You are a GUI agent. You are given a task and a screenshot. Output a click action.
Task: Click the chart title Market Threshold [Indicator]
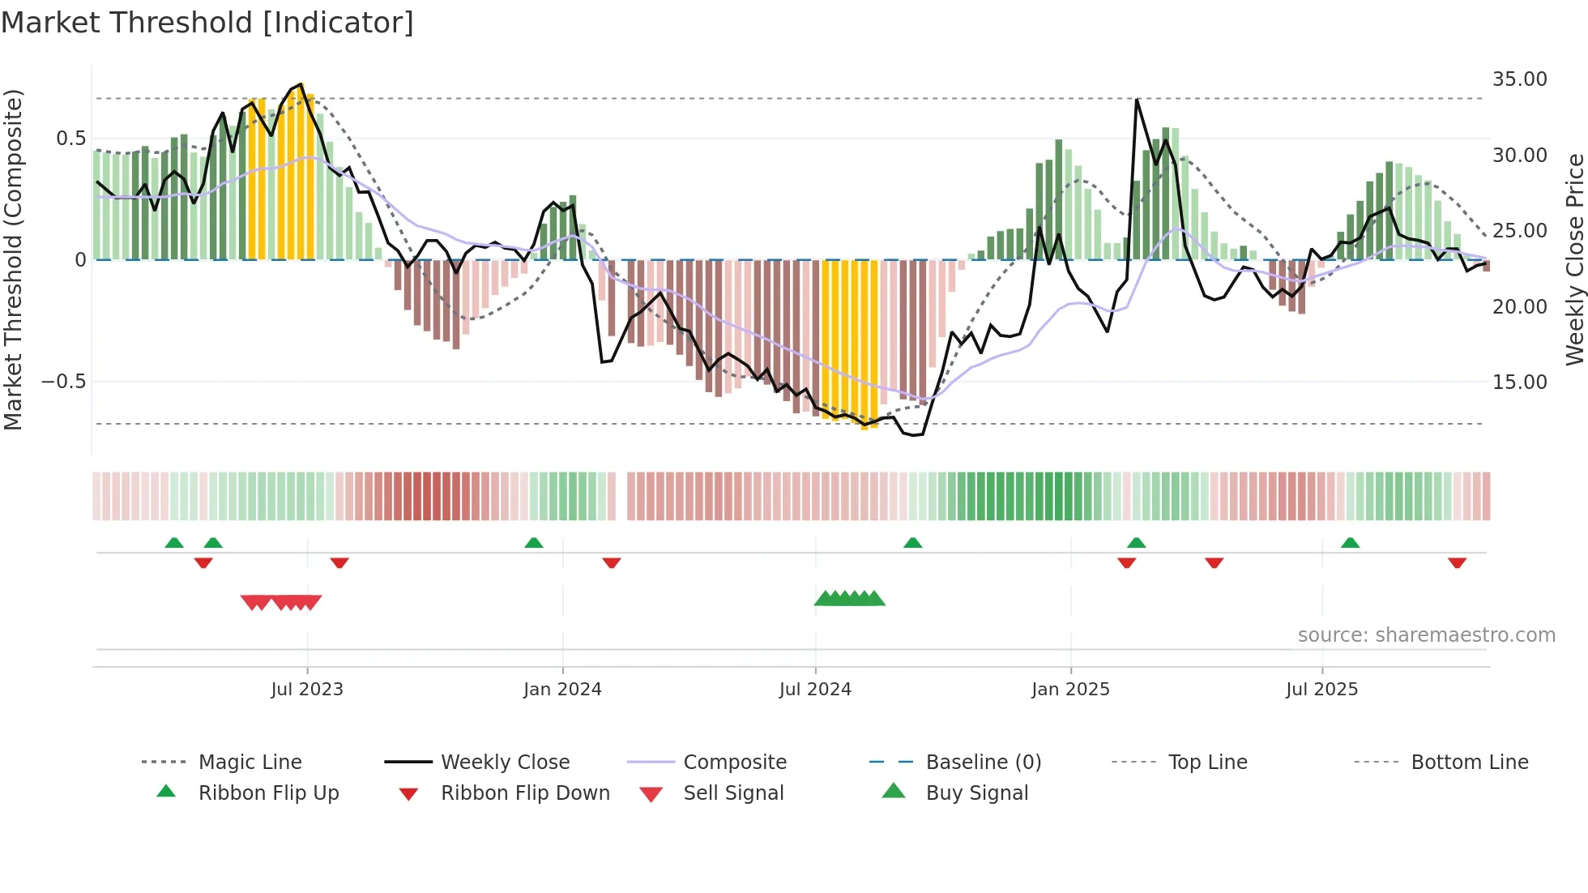pos(207,23)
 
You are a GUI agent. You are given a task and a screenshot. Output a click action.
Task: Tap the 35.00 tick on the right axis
pos(1519,79)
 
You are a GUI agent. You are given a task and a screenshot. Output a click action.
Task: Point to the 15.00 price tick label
pos(1519,382)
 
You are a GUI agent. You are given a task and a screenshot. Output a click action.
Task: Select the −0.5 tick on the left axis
pos(64,382)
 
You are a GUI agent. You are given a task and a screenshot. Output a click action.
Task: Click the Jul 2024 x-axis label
pos(815,690)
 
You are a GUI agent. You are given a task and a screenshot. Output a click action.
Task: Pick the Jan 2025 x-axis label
pos(1070,690)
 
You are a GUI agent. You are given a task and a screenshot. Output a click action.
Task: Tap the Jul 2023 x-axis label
pos(307,690)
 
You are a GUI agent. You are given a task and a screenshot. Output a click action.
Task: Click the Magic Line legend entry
pos(250,763)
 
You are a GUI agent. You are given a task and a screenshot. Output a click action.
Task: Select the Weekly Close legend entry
pos(505,763)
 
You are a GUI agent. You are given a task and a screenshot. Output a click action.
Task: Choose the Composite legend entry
pos(734,763)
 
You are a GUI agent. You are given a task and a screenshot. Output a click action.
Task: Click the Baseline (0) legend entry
pos(983,763)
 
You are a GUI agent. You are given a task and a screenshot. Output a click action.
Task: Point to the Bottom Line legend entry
pos(1469,763)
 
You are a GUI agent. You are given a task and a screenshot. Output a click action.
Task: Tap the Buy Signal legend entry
pos(976,793)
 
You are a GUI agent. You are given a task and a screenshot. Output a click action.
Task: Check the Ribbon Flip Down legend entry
pos(524,793)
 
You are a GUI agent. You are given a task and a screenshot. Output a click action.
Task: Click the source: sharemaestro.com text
pos(1426,635)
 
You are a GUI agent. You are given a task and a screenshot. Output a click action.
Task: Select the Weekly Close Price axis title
pos(1574,259)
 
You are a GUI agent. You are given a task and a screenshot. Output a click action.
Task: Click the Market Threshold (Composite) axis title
pos(13,259)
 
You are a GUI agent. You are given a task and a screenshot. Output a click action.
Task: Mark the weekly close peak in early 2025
pos(1137,100)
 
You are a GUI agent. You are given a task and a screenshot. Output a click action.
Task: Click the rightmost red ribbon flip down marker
pos(1457,562)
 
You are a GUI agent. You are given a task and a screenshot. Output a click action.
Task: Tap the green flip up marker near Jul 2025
pos(1350,543)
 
